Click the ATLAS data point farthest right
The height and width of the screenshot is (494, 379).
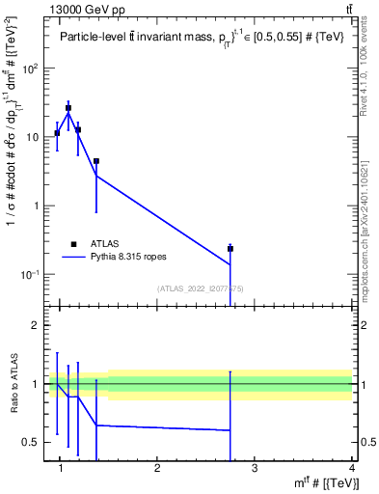tap(230, 248)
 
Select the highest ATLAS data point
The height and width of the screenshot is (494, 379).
tap(68, 108)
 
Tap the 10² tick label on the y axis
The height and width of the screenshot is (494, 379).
tap(32, 69)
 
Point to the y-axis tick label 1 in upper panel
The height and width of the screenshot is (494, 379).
tap(39, 206)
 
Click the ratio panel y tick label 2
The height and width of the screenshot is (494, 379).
tap(39, 325)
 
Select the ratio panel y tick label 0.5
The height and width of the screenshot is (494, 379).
tap(33, 442)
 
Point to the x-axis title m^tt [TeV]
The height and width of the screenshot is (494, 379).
tap(328, 482)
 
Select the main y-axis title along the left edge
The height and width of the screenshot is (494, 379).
tap(14, 164)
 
